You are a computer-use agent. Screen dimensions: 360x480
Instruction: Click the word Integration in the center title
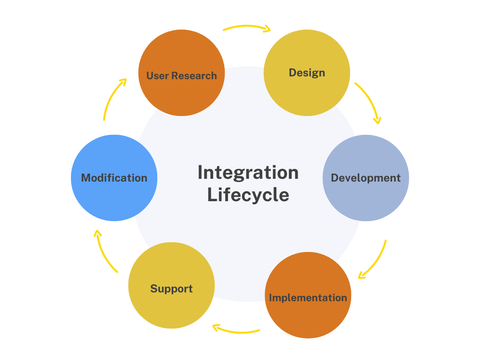[x=248, y=173]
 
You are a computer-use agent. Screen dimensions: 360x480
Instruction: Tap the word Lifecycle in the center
[x=248, y=195]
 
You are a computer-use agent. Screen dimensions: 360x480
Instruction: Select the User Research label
[x=181, y=76]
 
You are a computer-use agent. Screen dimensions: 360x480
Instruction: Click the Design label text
[x=307, y=73]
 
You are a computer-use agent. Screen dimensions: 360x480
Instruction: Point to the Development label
[x=366, y=178]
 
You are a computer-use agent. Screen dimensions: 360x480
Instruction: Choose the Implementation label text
[x=308, y=298]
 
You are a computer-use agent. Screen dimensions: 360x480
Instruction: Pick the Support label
[x=171, y=289]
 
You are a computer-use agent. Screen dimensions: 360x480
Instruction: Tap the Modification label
[x=114, y=178]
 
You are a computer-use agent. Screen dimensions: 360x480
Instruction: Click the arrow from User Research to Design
[x=246, y=27]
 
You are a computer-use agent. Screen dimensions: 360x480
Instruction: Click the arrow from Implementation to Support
[x=236, y=330]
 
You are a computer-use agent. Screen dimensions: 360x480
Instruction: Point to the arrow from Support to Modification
[x=104, y=252]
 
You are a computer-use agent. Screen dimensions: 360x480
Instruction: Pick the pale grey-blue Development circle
[x=366, y=200]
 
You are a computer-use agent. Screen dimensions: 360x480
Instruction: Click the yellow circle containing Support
[x=171, y=308]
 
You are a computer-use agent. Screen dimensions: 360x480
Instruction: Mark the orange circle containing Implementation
[x=308, y=320]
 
